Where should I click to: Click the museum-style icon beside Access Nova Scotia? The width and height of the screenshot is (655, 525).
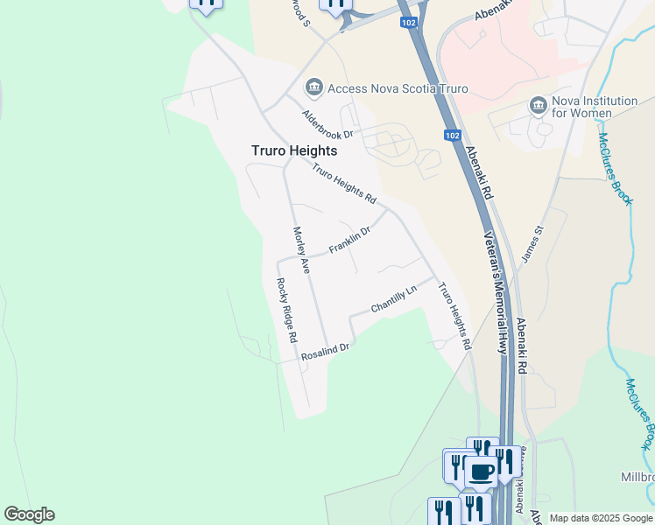(313, 87)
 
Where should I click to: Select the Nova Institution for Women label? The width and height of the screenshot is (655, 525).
(595, 107)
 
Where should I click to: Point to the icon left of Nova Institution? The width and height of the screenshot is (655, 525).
(538, 107)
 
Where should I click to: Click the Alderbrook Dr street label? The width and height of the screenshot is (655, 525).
(327, 125)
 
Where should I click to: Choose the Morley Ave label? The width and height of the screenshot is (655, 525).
(300, 251)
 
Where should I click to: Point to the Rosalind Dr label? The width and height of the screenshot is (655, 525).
(325, 353)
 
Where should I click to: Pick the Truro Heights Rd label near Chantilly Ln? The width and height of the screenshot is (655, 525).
(454, 316)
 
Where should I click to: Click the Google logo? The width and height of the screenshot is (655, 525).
(29, 514)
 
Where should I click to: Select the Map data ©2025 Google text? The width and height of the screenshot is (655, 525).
(601, 518)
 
